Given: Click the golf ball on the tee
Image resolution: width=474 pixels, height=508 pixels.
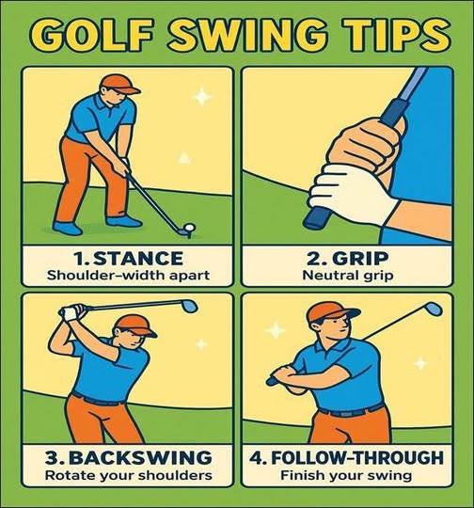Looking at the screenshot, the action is [x=190, y=228].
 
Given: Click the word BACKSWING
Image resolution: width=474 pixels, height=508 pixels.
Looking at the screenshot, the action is [x=140, y=457].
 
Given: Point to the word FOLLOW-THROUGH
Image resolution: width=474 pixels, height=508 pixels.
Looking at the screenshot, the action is [x=356, y=457].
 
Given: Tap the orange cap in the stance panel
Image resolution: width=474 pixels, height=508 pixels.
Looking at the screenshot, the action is [x=118, y=85].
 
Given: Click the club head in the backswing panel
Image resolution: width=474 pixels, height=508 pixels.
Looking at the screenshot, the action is [x=188, y=306].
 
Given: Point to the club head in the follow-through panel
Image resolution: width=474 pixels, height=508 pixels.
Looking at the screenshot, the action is [x=434, y=310].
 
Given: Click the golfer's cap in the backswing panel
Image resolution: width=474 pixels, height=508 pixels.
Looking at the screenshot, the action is [x=136, y=325].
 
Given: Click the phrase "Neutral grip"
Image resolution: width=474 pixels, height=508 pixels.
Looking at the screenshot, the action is [x=348, y=276].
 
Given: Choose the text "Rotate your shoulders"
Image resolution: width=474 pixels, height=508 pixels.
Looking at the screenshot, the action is [x=129, y=476].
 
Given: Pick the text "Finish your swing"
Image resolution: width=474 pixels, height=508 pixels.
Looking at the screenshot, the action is [x=346, y=476].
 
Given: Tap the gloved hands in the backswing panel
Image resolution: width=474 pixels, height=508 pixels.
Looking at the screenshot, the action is [x=73, y=311].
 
